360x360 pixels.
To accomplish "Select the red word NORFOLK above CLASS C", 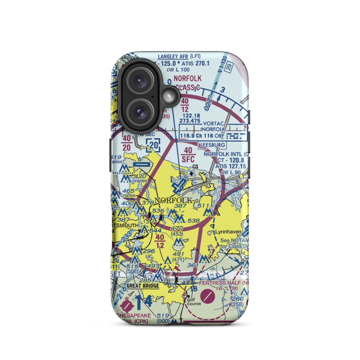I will [x=188, y=78].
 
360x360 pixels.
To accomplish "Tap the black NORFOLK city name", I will [x=171, y=200].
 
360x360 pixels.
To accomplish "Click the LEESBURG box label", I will [x=212, y=145].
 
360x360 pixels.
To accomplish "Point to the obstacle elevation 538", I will [x=193, y=221].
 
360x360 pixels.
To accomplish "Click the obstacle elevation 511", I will [x=203, y=206].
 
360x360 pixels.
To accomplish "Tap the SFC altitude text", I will [x=188, y=159].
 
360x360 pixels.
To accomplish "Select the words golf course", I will [x=193, y=301].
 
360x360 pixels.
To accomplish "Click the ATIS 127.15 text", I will [x=230, y=166].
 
